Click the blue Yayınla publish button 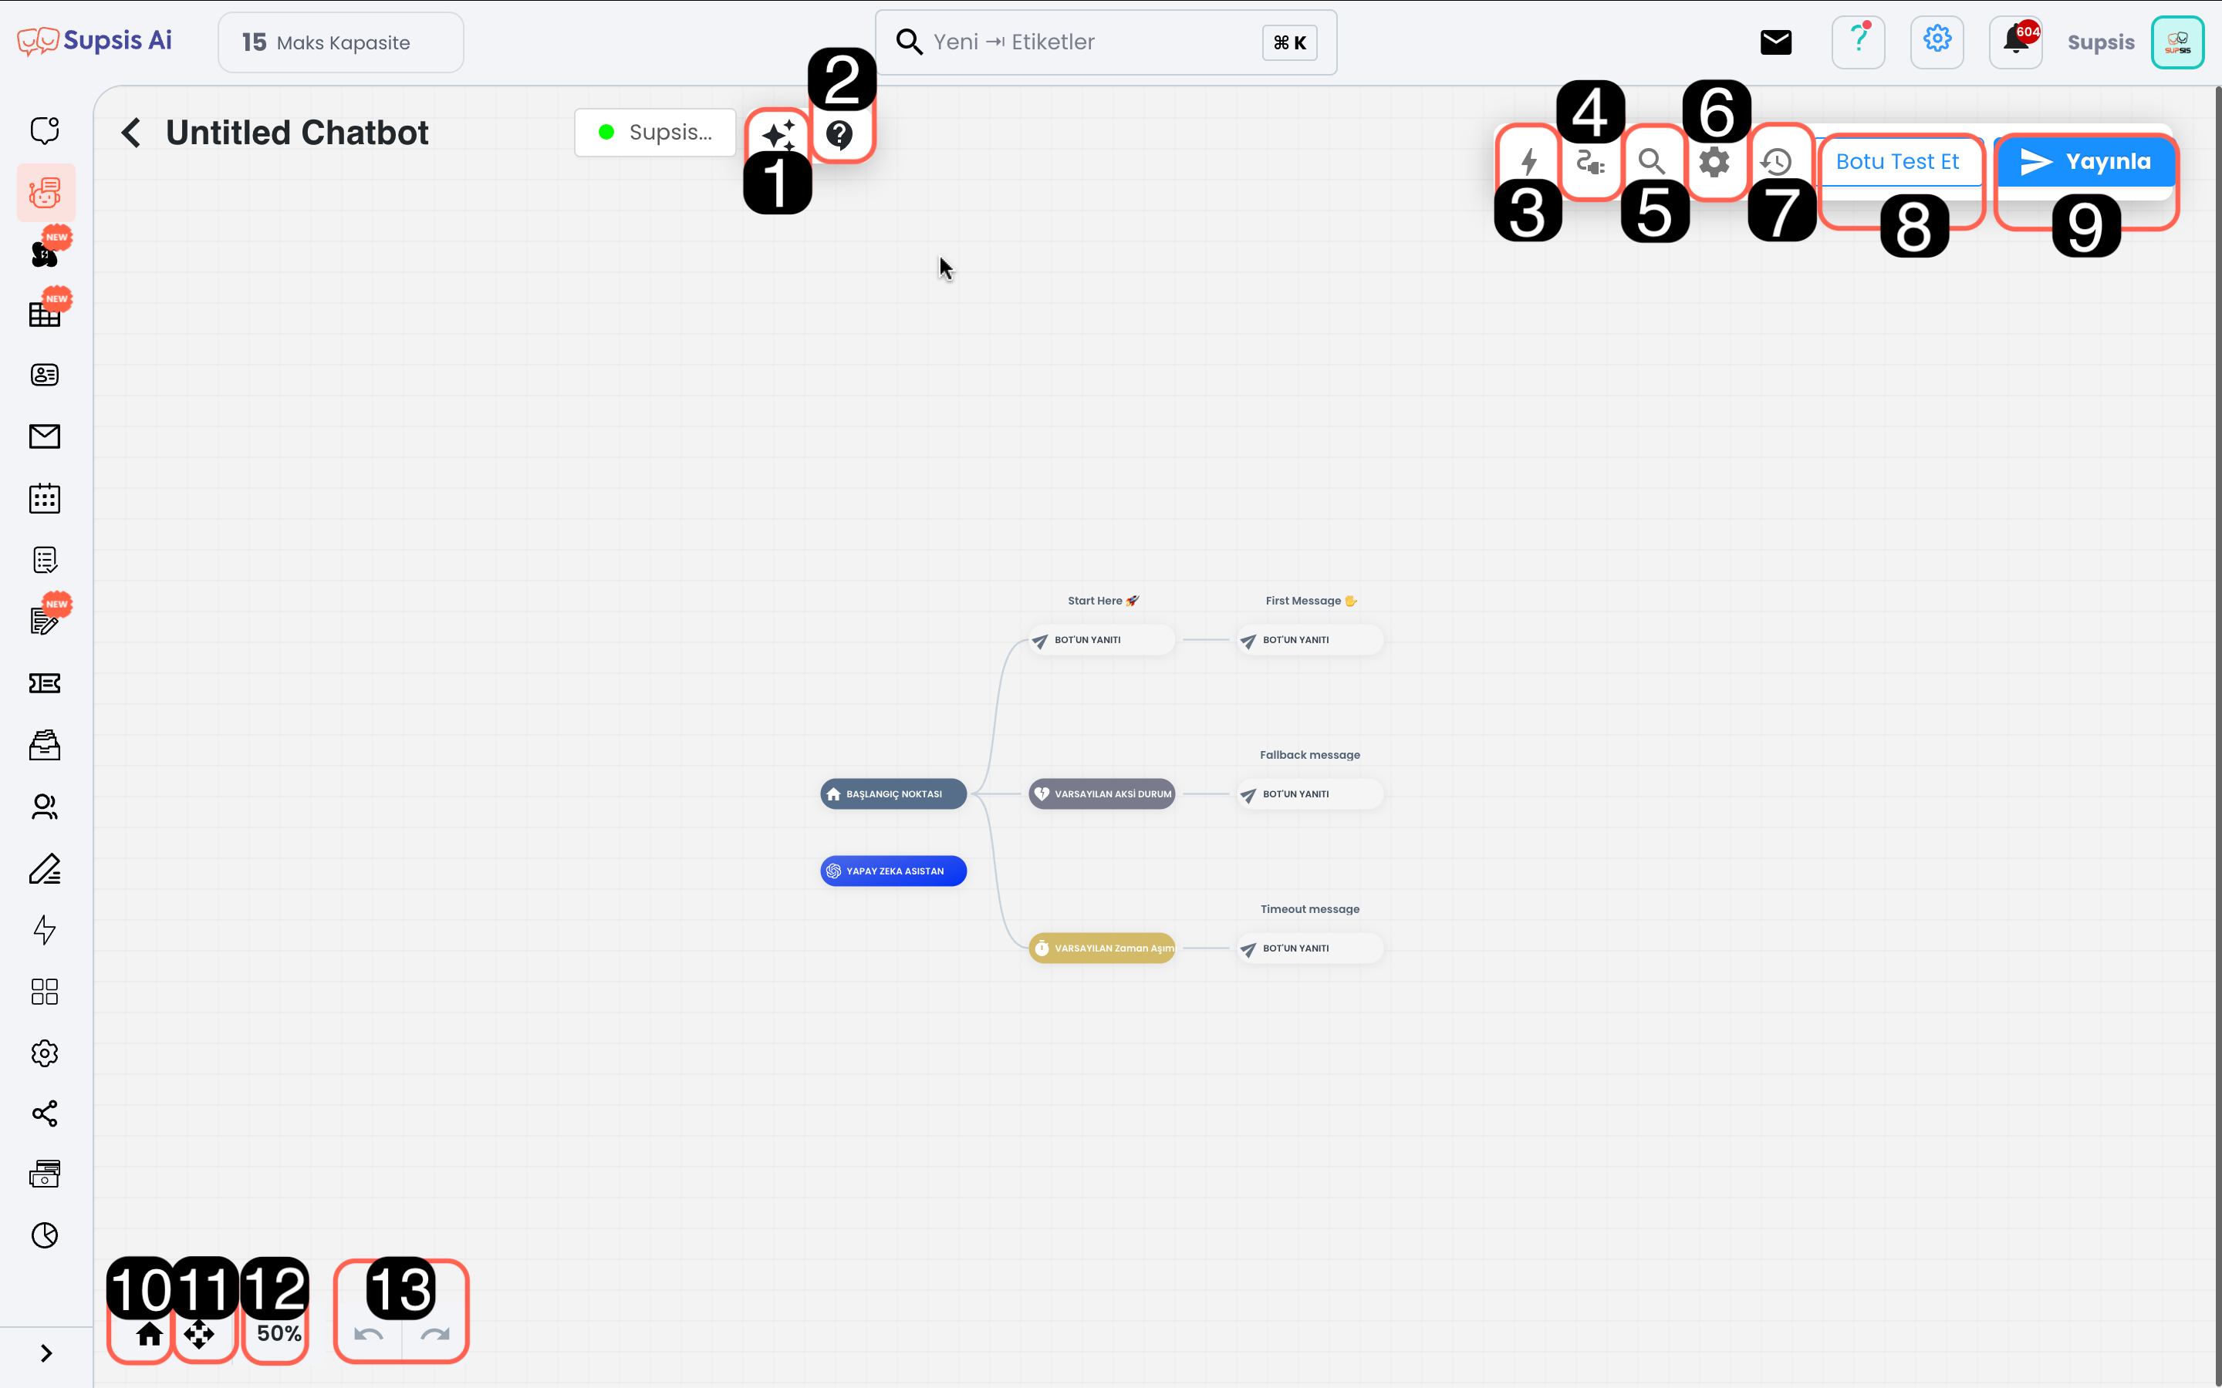tap(2085, 162)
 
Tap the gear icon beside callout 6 tap(1714, 163)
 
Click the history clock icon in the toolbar tap(1777, 163)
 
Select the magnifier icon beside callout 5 tap(1652, 163)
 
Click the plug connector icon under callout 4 tap(1590, 163)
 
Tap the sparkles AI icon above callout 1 tap(778, 135)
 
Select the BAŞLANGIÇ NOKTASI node tap(893, 794)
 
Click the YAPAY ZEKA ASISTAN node tap(893, 871)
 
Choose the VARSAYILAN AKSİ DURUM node tap(1102, 794)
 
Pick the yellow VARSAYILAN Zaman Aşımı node tap(1102, 948)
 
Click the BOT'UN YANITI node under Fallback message tap(1310, 794)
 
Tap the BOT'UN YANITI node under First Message tap(1310, 640)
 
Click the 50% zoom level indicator tap(279, 1333)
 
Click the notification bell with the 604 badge tap(2016, 42)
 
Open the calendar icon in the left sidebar tap(44, 498)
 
